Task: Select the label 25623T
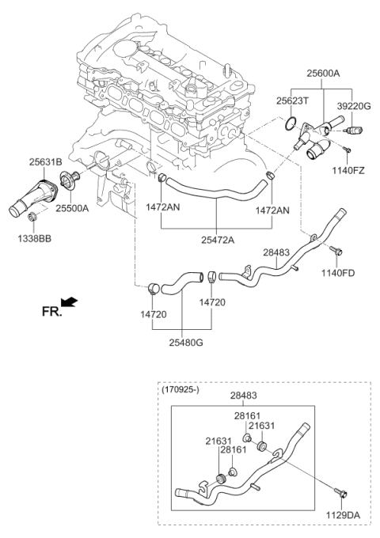click(293, 100)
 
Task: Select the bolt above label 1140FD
click(336, 252)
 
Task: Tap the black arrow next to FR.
click(69, 302)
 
